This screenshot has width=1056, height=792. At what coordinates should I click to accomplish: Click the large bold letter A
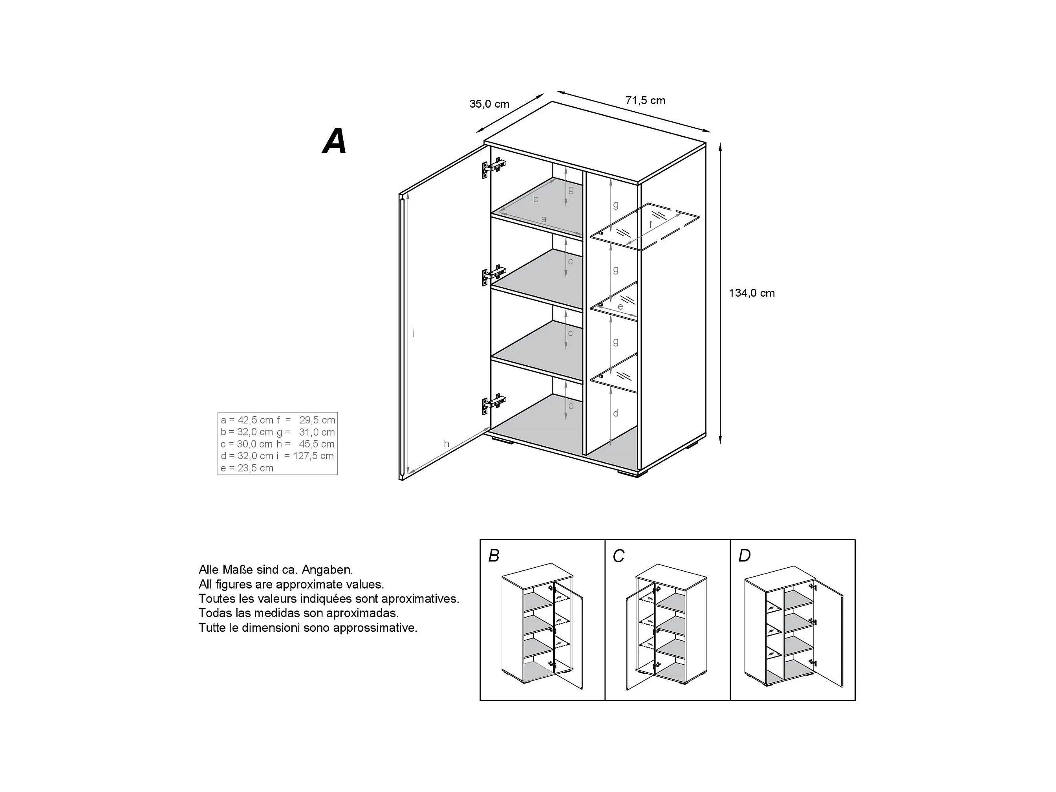[335, 141]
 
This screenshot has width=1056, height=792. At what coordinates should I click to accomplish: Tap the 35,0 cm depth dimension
[489, 104]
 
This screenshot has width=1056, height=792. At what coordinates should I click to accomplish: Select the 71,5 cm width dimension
[646, 100]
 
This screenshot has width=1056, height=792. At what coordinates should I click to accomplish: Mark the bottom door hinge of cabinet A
[493, 403]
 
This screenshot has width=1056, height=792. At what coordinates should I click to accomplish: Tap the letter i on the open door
[413, 334]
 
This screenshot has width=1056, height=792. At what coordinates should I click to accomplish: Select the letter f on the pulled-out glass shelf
[650, 224]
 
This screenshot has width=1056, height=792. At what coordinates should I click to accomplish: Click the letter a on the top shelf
[543, 219]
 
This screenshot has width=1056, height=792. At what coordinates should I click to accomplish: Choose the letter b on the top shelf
[536, 199]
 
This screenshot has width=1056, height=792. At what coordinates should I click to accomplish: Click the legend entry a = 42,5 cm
[247, 420]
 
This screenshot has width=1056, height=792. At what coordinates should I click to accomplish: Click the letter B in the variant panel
[494, 555]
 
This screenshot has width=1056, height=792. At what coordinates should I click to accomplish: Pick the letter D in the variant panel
[744, 555]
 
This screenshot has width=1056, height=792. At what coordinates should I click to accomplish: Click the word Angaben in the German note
[327, 569]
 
